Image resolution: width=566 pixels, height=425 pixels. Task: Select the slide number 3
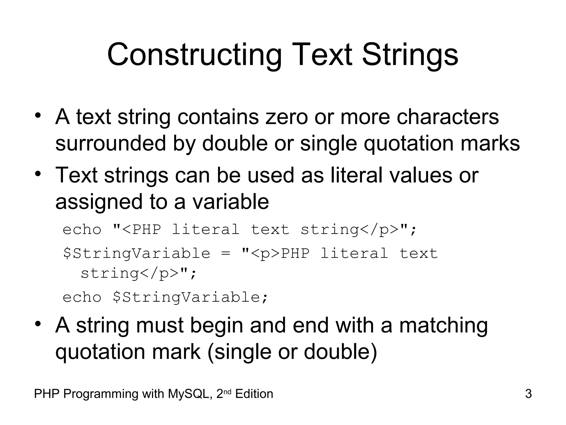click(528, 394)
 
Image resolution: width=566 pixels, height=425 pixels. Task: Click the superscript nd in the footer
click(227, 391)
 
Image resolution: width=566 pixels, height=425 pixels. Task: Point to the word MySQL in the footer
click(190, 394)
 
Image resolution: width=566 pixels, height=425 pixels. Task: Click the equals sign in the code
click(226, 253)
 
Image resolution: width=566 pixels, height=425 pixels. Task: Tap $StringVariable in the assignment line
click(137, 253)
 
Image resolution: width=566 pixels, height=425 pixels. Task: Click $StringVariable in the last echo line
click(190, 297)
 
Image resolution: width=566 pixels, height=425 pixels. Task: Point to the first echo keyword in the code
click(82, 230)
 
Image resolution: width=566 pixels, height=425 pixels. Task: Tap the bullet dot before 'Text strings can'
click(38, 174)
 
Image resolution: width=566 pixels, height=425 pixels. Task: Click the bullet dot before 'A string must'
click(38, 323)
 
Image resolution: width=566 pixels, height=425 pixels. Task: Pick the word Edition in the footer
click(254, 394)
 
